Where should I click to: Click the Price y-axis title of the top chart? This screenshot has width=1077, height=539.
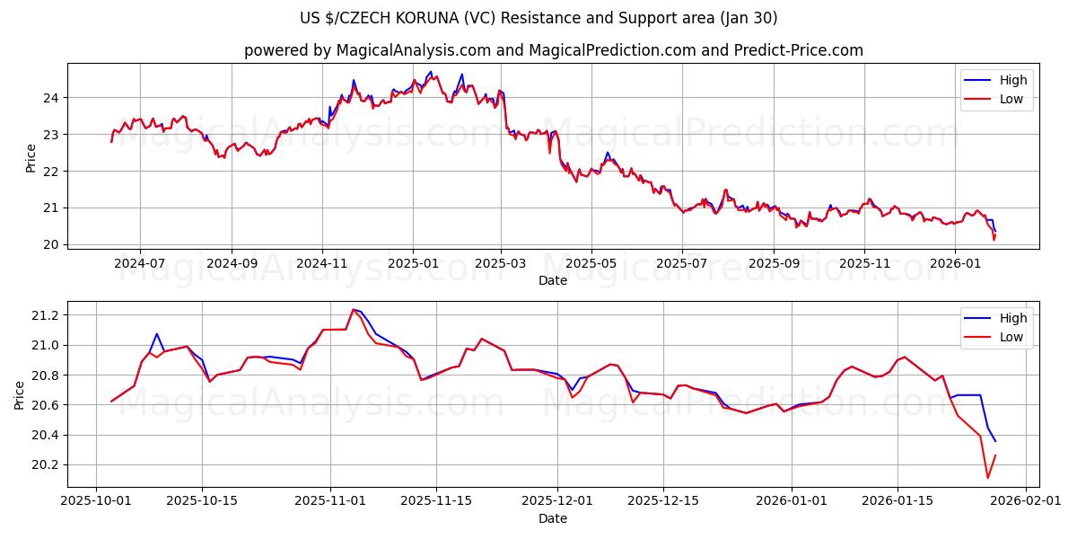point(31,157)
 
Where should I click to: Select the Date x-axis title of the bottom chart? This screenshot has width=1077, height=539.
point(553,518)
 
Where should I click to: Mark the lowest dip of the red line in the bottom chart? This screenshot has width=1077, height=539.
point(987,478)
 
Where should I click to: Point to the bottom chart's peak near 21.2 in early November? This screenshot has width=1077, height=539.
point(354,309)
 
